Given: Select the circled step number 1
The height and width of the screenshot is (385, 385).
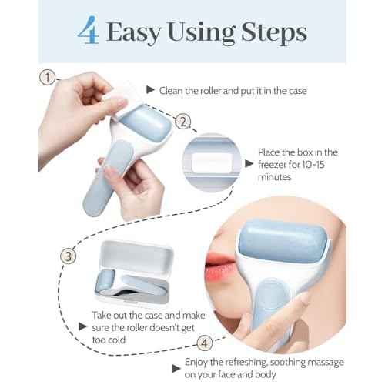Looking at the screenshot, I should click(x=50, y=77).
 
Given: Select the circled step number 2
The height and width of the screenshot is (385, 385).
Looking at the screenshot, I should click(x=182, y=121).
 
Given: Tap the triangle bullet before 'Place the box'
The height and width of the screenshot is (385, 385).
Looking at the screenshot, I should click(x=249, y=163).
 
